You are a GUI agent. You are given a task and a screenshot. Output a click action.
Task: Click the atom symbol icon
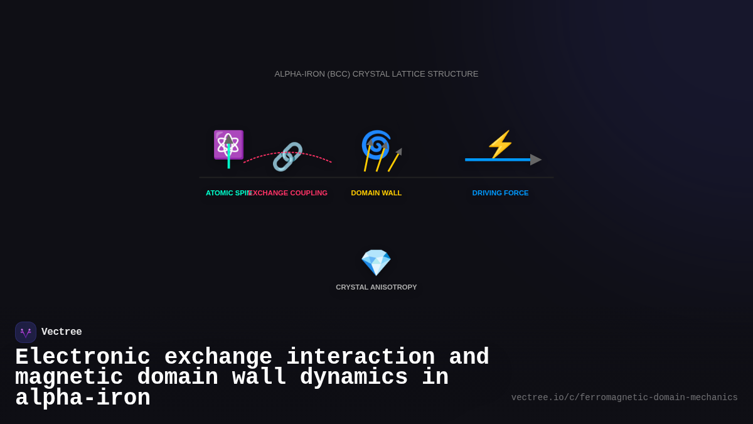pos(228,144)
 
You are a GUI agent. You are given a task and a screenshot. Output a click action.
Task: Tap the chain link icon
pos(287,156)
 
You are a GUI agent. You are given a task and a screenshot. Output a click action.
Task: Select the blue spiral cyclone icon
pos(376,144)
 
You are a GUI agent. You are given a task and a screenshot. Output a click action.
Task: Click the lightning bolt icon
pos(500,144)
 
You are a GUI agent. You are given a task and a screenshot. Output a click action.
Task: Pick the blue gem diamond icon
pos(376,263)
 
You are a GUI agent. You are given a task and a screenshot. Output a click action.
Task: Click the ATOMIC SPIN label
pos(227,193)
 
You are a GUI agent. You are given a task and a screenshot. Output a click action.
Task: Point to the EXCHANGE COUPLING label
pos(289,193)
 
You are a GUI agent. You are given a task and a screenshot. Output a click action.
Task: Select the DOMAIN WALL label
pos(376,193)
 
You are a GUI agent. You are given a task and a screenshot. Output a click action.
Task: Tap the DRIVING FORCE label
pos(500,193)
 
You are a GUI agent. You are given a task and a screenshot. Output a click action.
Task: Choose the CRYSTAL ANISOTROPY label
pos(376,287)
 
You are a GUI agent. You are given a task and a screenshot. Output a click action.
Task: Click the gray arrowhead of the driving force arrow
pos(535,160)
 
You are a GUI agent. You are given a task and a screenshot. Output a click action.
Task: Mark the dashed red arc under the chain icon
pos(317,156)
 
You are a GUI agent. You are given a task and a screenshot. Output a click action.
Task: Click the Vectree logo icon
pos(26,332)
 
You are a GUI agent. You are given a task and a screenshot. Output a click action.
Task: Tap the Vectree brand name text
pos(61,332)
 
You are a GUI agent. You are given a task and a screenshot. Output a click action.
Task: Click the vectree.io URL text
pos(624,398)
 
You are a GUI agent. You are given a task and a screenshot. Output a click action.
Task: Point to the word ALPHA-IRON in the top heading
pos(299,74)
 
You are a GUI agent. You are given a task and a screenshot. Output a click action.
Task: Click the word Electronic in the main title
pos(83,357)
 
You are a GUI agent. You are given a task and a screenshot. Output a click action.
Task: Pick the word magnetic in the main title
pos(69,378)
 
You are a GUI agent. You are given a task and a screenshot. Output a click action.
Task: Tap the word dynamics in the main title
pos(354,378)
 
